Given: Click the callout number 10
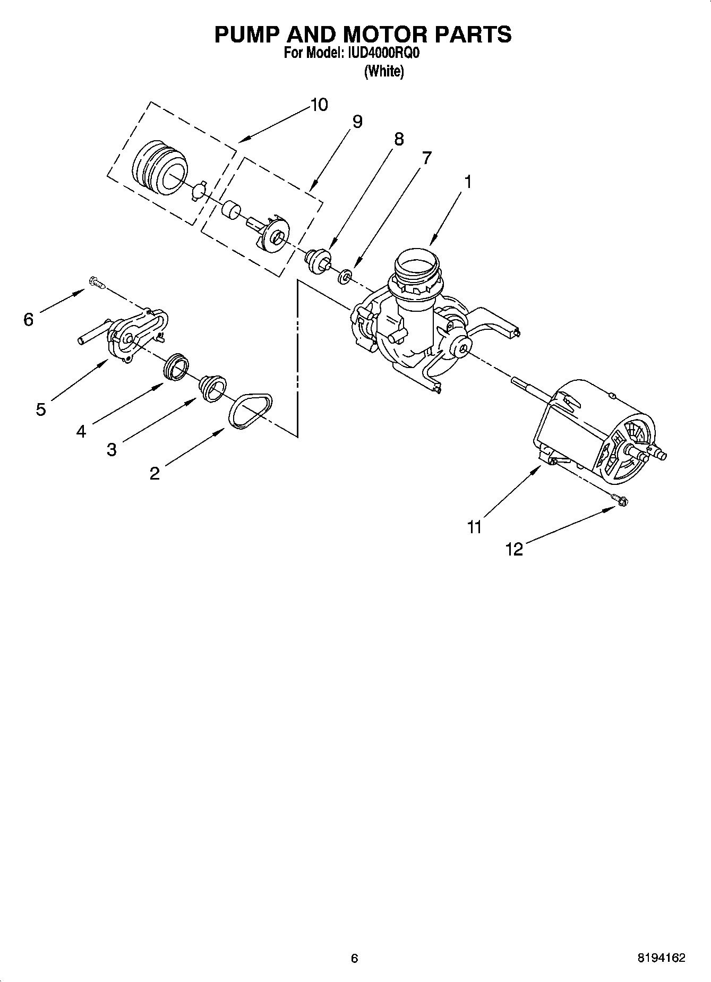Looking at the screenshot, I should (x=319, y=105).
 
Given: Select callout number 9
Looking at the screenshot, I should (x=357, y=122).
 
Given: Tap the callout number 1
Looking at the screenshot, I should (x=467, y=182).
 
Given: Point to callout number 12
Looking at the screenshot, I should (x=514, y=549).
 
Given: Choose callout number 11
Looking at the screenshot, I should (x=474, y=527).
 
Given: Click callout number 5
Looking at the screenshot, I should (x=41, y=409).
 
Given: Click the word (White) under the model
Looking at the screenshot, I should (x=383, y=72).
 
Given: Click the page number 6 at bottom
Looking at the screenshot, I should (x=355, y=958).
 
